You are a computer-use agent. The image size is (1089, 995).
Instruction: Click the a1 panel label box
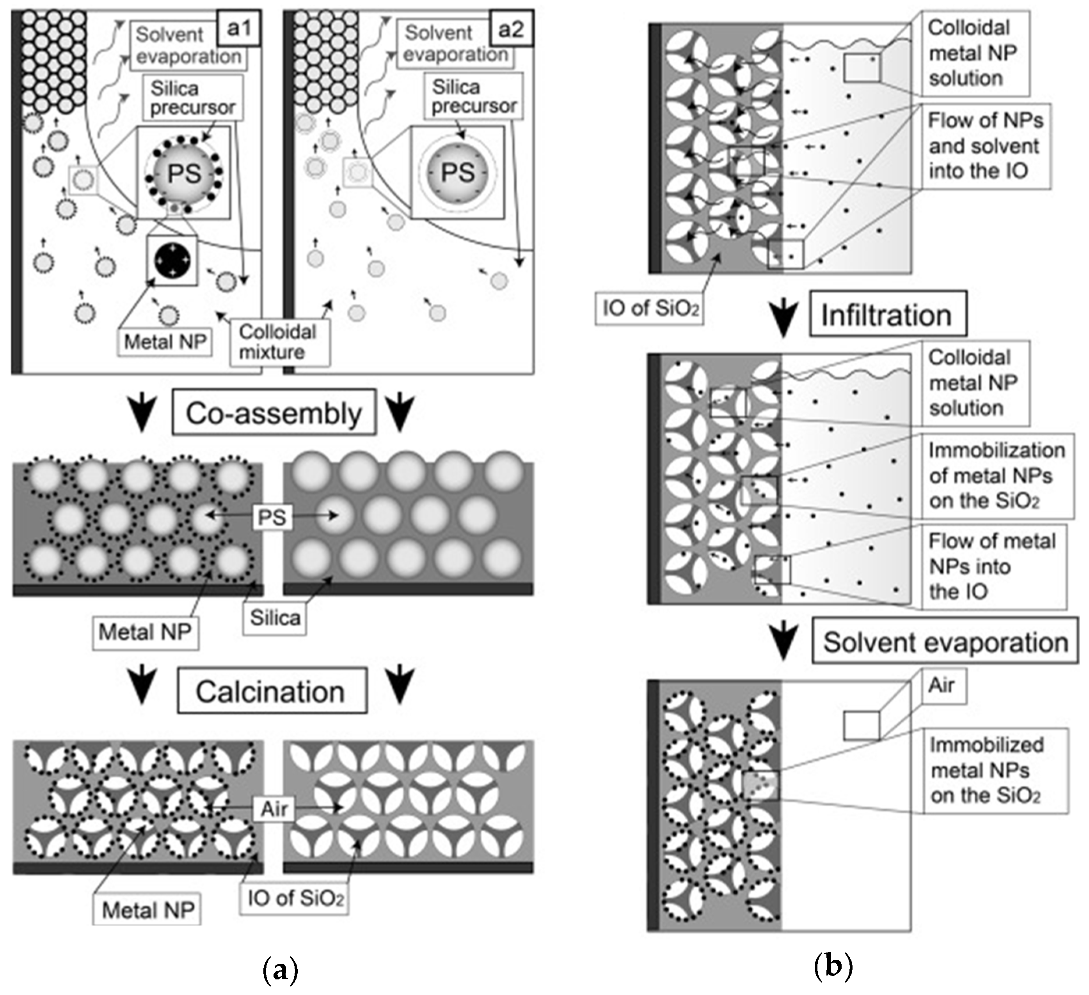click(x=239, y=28)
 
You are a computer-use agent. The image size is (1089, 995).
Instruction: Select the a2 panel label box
click(x=511, y=28)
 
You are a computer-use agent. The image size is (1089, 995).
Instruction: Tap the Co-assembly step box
click(x=274, y=413)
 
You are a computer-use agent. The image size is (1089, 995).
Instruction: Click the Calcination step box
click(x=272, y=691)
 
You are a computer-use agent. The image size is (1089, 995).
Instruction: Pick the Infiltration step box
click(x=888, y=315)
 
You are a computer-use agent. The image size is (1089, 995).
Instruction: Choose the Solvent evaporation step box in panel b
click(x=945, y=642)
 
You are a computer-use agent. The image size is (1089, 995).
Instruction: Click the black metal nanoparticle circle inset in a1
click(x=172, y=261)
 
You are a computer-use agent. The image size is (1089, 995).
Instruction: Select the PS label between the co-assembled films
click(x=272, y=517)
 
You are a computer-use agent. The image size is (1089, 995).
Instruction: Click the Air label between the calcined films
click(x=274, y=809)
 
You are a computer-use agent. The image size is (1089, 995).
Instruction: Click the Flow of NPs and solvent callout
click(x=986, y=146)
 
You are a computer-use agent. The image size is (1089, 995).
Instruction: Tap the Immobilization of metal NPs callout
click(x=997, y=476)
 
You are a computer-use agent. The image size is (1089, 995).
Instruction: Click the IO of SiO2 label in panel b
click(x=649, y=308)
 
